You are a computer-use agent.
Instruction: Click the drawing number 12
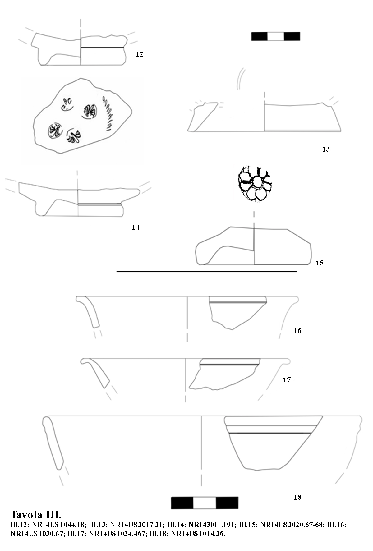click(x=139, y=54)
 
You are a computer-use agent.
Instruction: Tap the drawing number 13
click(x=326, y=149)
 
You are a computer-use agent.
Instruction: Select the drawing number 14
click(x=136, y=227)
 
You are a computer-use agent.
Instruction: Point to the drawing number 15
click(x=320, y=263)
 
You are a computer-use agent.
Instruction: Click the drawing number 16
click(x=297, y=331)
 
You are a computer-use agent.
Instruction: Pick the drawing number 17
click(x=287, y=380)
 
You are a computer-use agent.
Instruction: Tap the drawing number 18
click(x=297, y=498)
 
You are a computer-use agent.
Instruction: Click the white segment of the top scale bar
click(x=276, y=36)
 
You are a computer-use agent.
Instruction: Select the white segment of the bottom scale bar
click(x=205, y=503)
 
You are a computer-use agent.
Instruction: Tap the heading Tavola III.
click(x=36, y=515)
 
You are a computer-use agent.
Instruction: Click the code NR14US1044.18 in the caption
click(x=58, y=525)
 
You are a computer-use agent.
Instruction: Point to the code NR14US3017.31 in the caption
click(x=136, y=525)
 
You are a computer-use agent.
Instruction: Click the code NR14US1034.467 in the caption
click(x=117, y=534)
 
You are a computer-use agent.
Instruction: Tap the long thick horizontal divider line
click(x=207, y=271)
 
